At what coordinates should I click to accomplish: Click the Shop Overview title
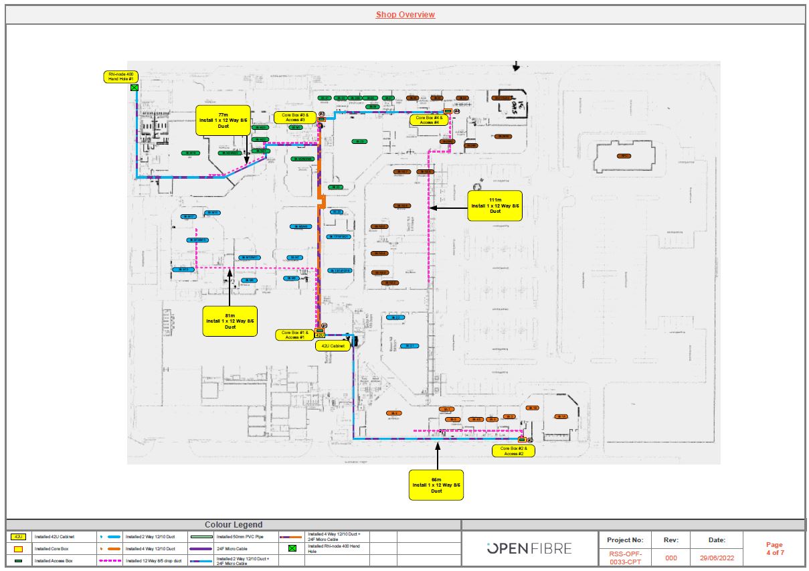(x=405, y=15)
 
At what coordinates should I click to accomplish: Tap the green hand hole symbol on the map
(x=134, y=88)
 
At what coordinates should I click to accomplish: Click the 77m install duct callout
(x=223, y=120)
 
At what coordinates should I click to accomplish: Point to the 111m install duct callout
(x=495, y=206)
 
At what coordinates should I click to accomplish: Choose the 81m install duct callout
(x=230, y=321)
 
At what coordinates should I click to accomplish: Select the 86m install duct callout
(x=436, y=485)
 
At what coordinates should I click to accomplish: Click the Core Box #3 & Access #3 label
(x=294, y=118)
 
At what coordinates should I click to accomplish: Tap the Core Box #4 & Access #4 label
(x=428, y=120)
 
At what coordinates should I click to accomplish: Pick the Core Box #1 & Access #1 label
(x=294, y=335)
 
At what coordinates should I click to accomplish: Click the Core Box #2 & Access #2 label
(x=513, y=451)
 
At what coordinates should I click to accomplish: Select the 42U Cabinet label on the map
(x=333, y=346)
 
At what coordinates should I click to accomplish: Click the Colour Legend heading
(x=233, y=525)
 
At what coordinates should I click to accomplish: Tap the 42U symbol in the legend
(x=18, y=536)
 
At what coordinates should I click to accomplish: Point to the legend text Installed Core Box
(x=50, y=548)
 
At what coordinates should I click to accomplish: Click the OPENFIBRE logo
(x=529, y=549)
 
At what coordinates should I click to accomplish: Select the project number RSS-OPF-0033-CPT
(x=624, y=557)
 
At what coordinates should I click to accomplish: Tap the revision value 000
(x=671, y=557)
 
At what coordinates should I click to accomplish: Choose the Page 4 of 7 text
(x=774, y=548)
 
